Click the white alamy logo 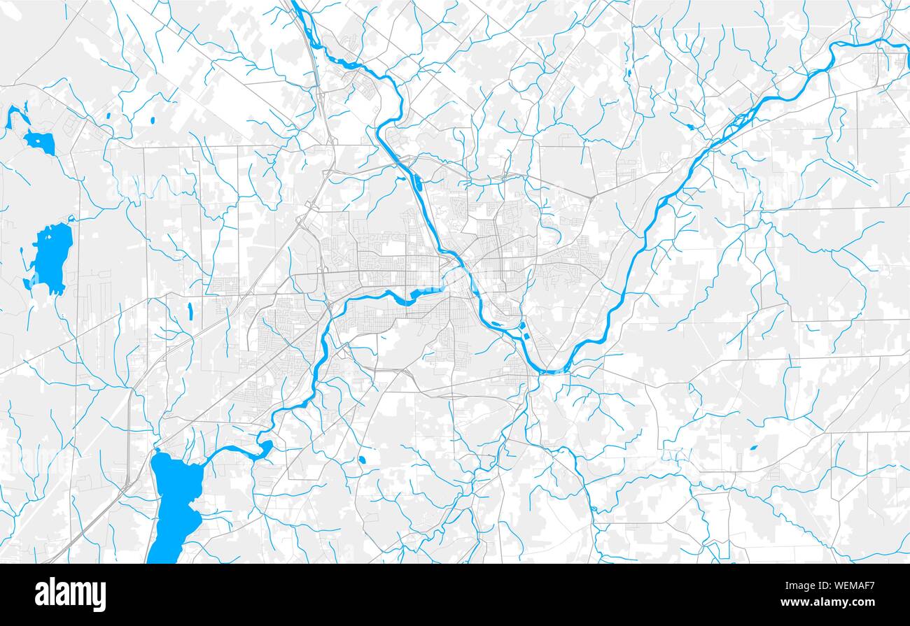[70, 595]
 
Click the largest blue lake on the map [175, 504]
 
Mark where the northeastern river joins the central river [553, 371]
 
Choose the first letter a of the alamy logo [41, 595]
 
